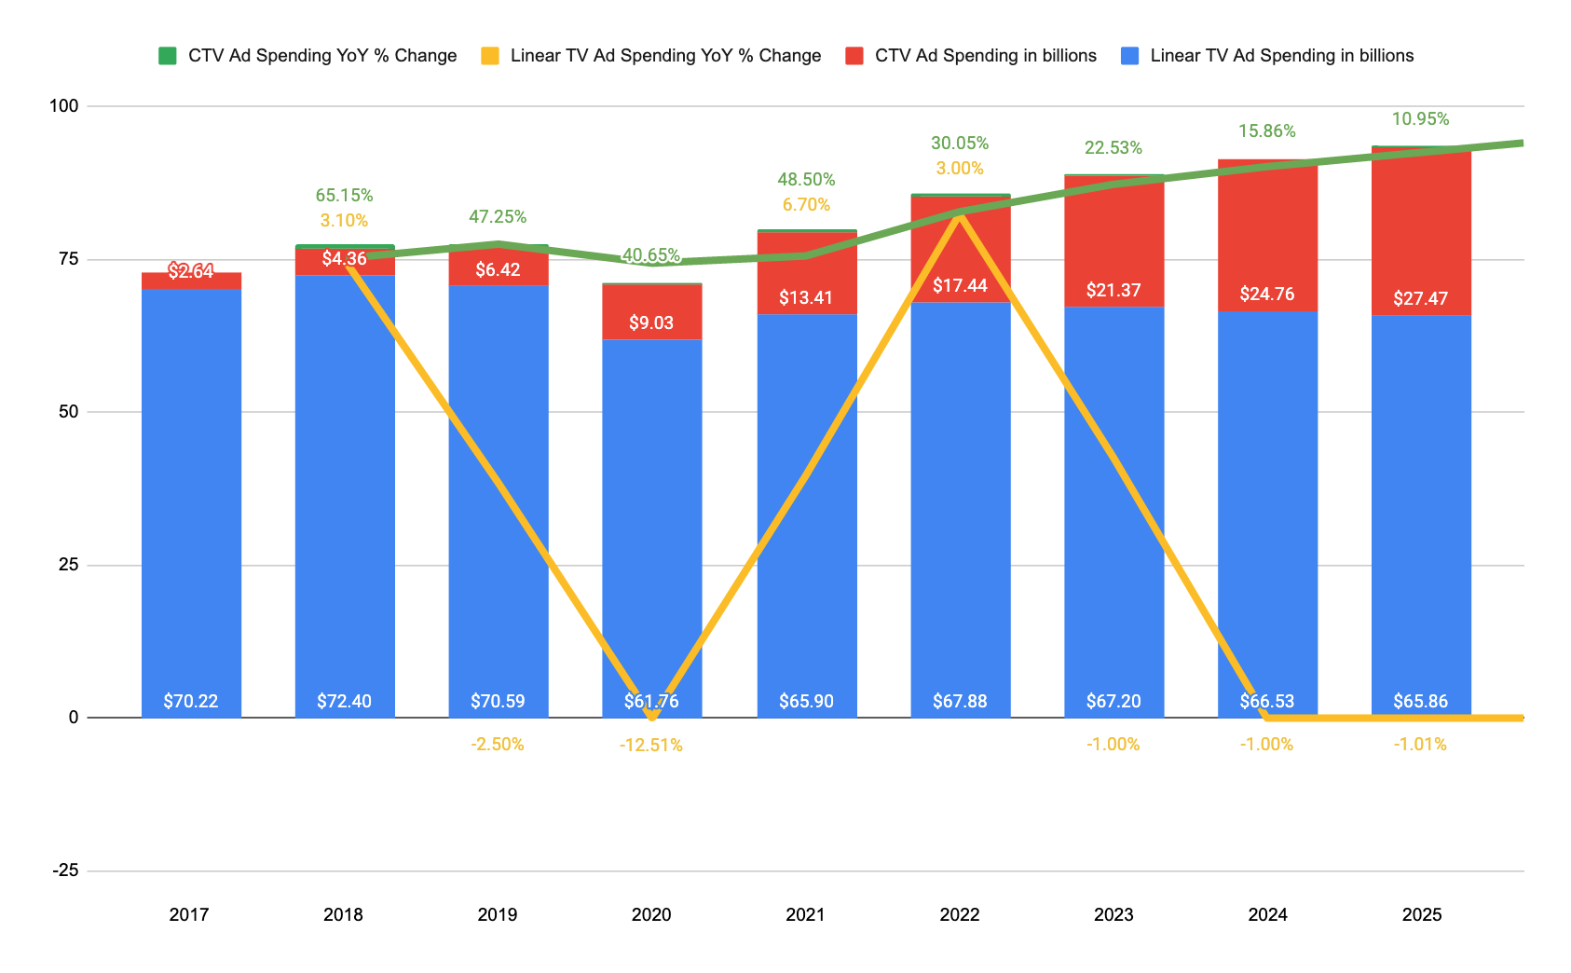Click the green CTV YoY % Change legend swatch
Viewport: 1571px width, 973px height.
[x=168, y=56]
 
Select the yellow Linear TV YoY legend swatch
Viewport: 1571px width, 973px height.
[x=490, y=56]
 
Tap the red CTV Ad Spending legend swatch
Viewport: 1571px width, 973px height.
[x=854, y=56]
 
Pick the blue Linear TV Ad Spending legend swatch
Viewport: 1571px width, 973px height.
[x=1129, y=56]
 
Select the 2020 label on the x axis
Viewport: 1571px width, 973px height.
[x=651, y=915]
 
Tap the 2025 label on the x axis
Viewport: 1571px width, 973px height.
[x=1422, y=915]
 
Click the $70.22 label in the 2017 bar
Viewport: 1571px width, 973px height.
[x=191, y=702]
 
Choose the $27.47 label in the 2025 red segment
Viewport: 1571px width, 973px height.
[x=1421, y=299]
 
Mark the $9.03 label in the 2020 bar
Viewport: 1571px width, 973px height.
[x=651, y=323]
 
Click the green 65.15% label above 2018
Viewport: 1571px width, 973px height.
[x=344, y=196]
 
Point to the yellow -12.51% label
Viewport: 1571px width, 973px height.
[x=651, y=746]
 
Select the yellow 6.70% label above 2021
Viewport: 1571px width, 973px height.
[x=806, y=205]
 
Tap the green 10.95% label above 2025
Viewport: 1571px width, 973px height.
[x=1421, y=119]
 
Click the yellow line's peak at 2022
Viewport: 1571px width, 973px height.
[x=960, y=214]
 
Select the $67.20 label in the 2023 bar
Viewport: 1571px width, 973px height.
[x=1113, y=702]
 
